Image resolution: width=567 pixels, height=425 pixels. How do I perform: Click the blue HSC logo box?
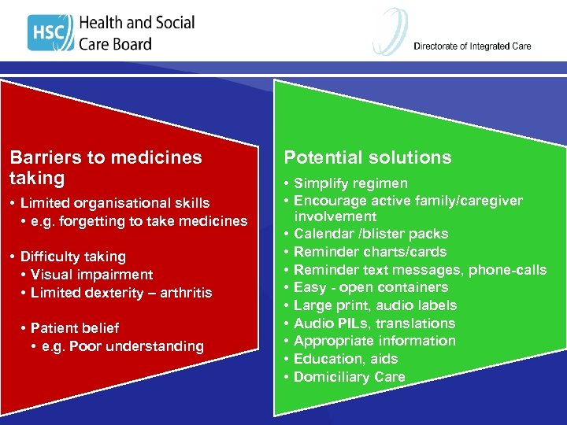[50, 33]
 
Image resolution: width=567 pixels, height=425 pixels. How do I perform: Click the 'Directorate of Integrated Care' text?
[472, 46]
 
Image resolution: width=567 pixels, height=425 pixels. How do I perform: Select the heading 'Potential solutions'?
[368, 157]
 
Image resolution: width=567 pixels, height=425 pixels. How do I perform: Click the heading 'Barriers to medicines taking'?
[106, 166]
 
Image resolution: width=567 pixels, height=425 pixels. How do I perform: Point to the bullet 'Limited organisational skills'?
[115, 203]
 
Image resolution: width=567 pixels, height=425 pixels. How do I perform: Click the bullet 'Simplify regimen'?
[350, 183]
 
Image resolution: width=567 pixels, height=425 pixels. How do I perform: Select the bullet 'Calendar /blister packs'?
[371, 234]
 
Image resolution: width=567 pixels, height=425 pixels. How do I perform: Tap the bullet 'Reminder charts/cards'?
[370, 252]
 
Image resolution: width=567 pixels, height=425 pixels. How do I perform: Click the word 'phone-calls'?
[507, 270]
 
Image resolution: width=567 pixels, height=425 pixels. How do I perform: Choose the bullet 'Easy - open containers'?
[371, 287]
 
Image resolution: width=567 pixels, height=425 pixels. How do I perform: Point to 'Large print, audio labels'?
[375, 305]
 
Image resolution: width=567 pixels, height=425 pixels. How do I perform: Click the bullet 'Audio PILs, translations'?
[374, 323]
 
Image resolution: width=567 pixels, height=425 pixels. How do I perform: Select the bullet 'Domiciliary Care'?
[350, 377]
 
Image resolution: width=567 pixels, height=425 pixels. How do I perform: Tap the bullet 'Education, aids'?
[346, 359]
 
